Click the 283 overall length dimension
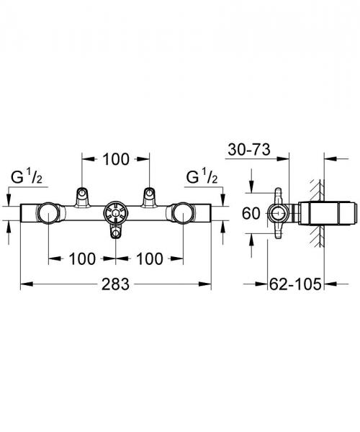[115, 284]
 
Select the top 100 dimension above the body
[115, 159]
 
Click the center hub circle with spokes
[115, 213]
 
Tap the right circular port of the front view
[182, 213]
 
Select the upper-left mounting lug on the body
[82, 194]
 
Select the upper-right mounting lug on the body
[149, 194]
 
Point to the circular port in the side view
[276, 213]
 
